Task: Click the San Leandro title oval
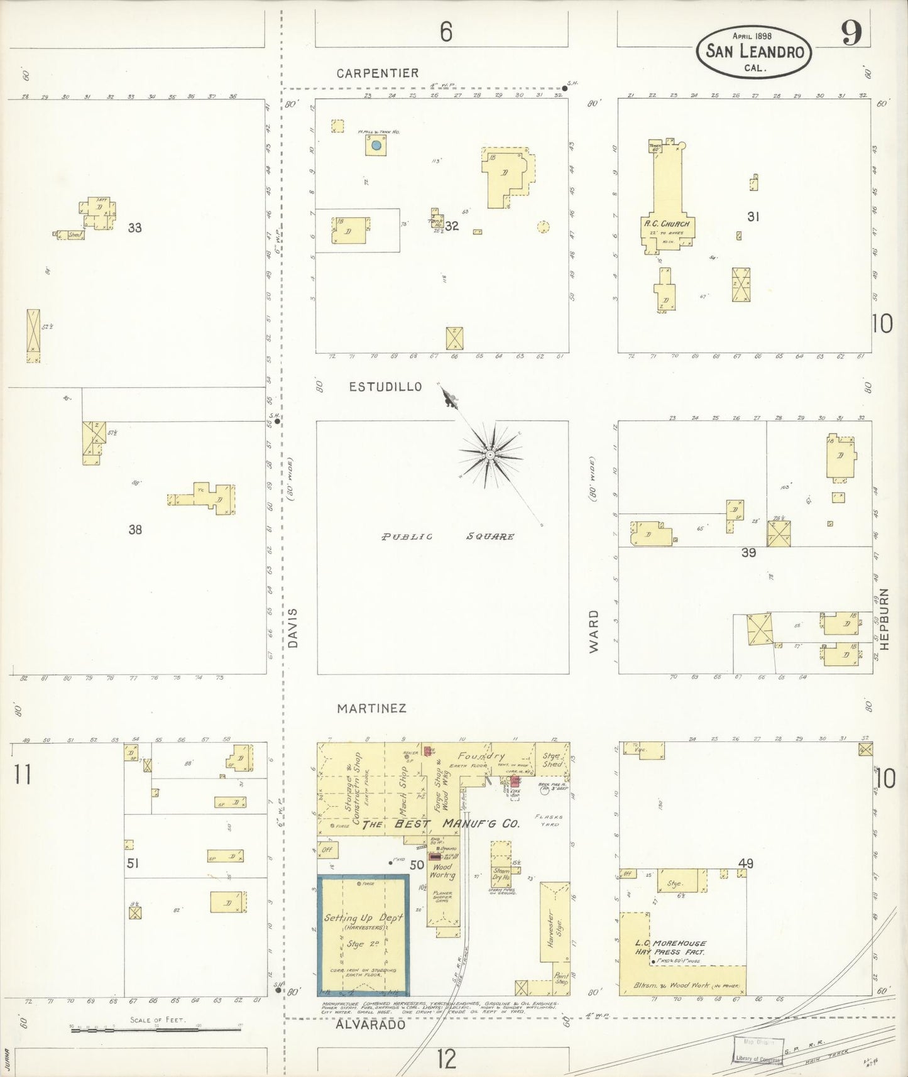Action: tap(753, 52)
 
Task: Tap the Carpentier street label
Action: tap(377, 74)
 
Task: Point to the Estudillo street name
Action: tap(385, 387)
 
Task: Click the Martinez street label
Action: tap(371, 708)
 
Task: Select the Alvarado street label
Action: tap(370, 1024)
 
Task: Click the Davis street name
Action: tap(292, 628)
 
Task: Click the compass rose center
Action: tap(490, 454)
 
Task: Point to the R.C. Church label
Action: tap(667, 224)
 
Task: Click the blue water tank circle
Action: tap(376, 145)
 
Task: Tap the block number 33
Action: tap(134, 228)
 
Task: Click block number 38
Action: tap(134, 530)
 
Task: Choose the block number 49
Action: tap(746, 864)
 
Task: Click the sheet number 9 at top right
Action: tap(851, 35)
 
